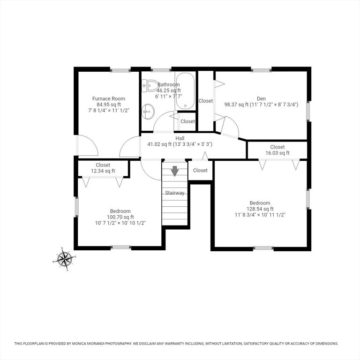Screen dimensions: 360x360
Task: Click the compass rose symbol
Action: pos(65,259)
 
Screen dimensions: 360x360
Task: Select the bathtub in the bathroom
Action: pos(185,91)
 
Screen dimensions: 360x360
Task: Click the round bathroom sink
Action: pos(148,112)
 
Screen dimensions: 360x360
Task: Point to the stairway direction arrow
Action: pos(175,171)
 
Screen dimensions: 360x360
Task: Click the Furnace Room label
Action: pos(109,99)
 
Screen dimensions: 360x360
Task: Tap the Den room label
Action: pos(261,99)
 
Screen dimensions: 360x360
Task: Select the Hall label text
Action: pos(180,138)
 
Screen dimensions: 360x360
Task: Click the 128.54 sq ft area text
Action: pos(260,209)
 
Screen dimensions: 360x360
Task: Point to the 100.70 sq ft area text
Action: pos(120,217)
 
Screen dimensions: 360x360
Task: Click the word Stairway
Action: pos(175,193)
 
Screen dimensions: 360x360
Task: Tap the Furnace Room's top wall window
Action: pos(120,70)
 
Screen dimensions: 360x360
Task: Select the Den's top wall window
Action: pos(261,70)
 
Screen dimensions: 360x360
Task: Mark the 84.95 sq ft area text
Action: pos(109,105)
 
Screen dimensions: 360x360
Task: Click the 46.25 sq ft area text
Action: pos(169,90)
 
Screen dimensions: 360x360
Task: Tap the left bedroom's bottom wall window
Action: pos(121,247)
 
